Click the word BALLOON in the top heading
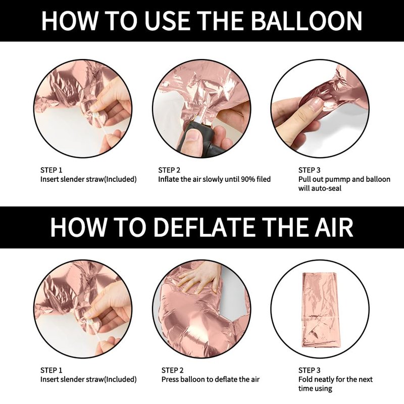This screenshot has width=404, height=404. click(307, 21)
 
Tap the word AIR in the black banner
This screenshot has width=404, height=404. click(334, 227)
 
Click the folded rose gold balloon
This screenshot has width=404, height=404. click(320, 310)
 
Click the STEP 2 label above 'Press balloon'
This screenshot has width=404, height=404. click(172, 370)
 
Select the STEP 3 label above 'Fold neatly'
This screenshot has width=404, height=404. click(309, 370)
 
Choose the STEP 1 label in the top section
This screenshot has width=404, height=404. click(52, 170)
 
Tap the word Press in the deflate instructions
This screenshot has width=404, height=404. click(170, 380)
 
